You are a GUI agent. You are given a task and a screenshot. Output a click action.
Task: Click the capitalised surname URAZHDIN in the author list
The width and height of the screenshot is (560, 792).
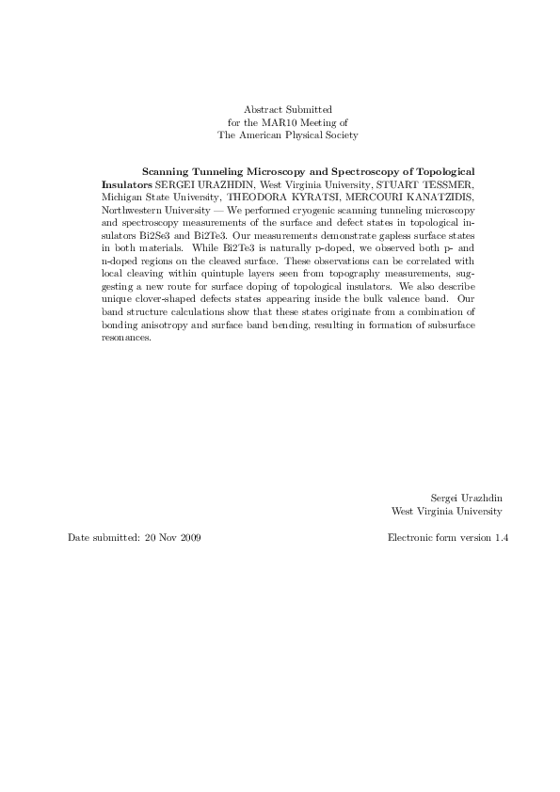pyautogui.click(x=223, y=185)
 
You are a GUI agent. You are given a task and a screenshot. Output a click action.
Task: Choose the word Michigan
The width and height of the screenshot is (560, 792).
pyautogui.click(x=123, y=198)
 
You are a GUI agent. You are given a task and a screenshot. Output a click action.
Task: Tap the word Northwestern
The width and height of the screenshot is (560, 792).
pyautogui.click(x=132, y=211)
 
